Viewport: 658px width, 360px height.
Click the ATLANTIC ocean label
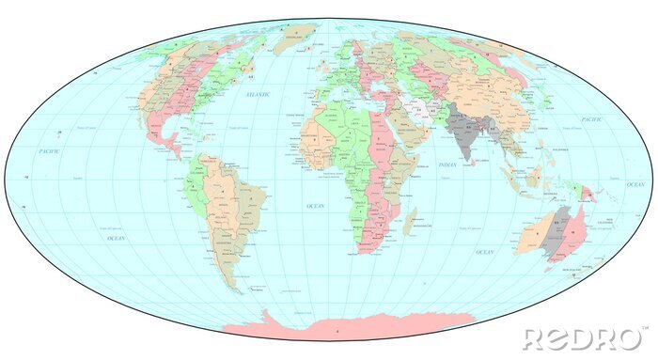(258, 96)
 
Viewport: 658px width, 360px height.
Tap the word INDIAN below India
(447, 165)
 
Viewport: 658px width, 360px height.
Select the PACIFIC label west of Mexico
(49, 150)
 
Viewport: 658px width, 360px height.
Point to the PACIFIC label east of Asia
(591, 120)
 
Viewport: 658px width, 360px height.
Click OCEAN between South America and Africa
(315, 204)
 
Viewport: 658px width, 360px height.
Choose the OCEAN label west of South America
(116, 239)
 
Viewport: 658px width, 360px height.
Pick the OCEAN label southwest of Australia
(484, 252)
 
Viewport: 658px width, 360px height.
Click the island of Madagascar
(410, 222)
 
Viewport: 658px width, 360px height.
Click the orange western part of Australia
(535, 235)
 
